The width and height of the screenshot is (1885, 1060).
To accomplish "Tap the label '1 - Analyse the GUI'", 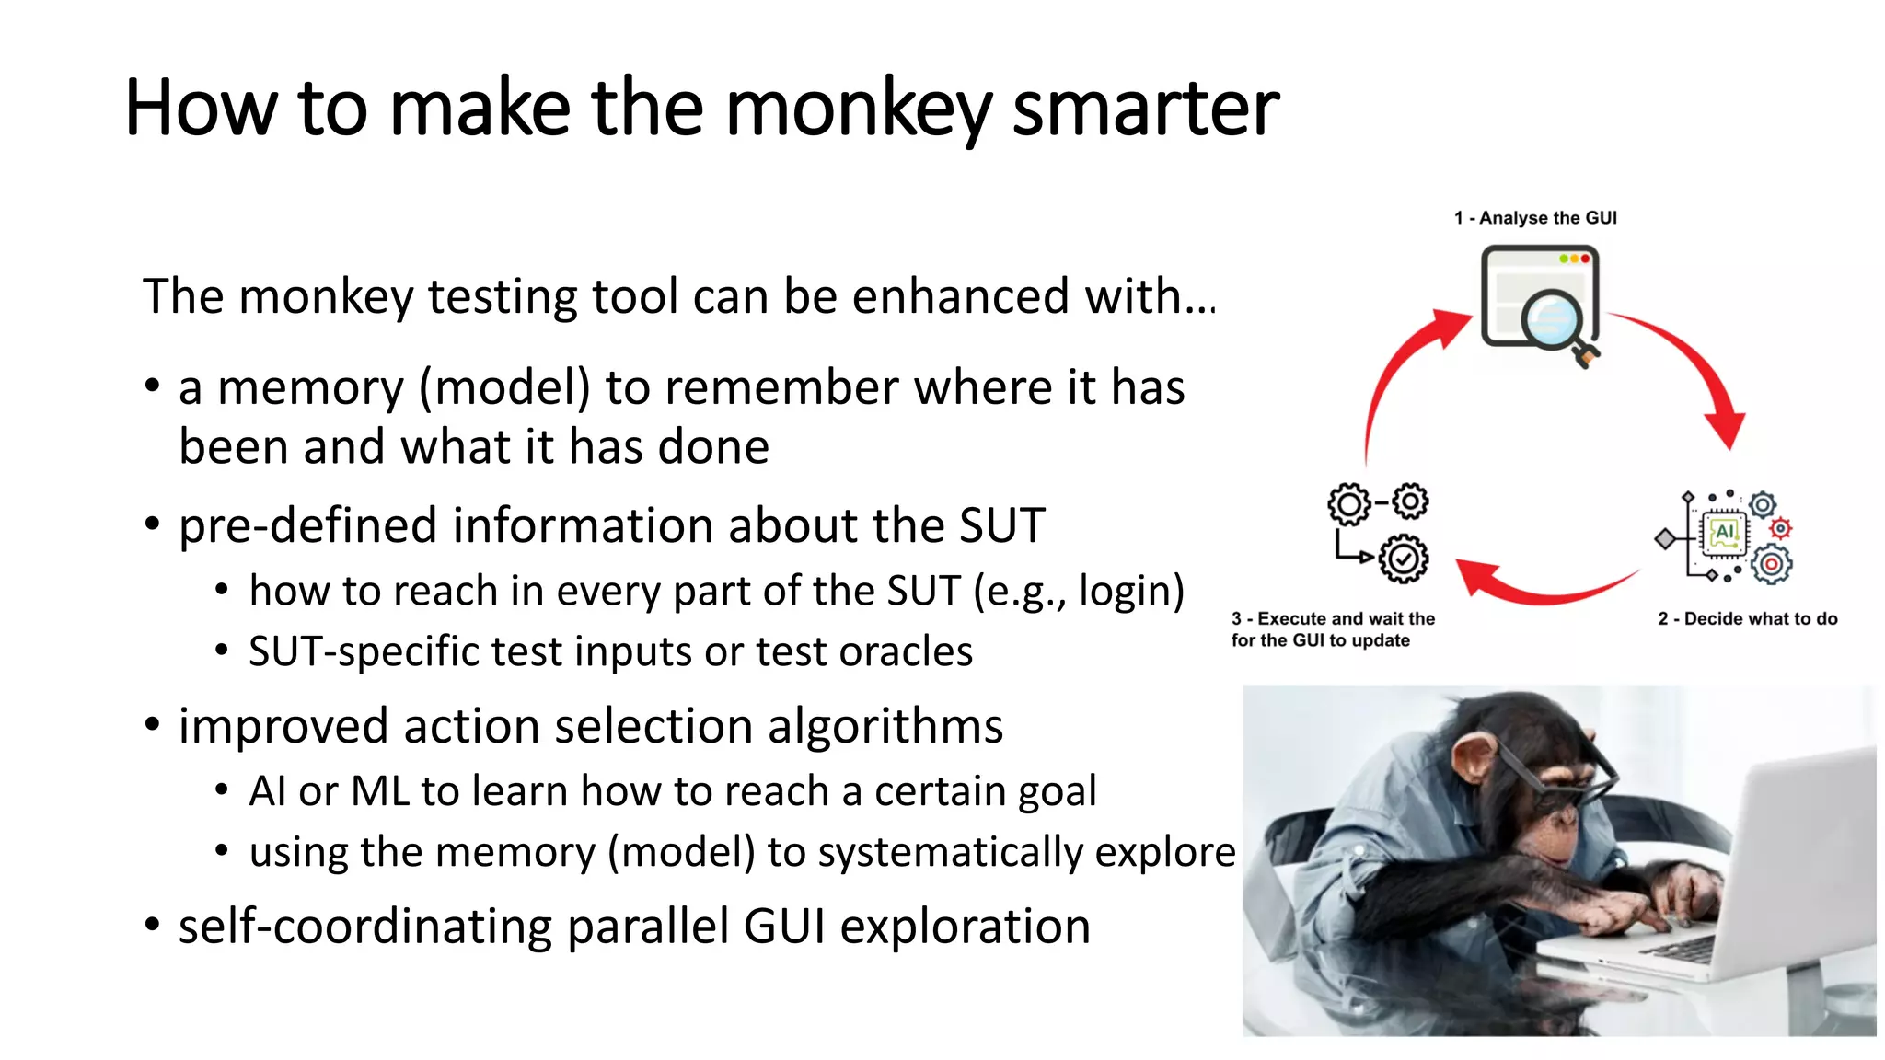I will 1535,218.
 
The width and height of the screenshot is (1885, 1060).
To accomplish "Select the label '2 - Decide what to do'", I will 1747,619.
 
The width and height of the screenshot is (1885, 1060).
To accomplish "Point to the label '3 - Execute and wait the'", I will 1333,619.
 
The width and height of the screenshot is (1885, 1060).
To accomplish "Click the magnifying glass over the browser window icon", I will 1555,322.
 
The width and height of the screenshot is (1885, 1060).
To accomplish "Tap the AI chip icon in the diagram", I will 1724,534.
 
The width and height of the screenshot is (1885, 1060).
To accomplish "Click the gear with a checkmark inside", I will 1404,559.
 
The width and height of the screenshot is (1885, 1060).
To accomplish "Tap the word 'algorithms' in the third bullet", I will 885,727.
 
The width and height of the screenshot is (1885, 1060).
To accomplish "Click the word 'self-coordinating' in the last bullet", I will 364,927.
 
